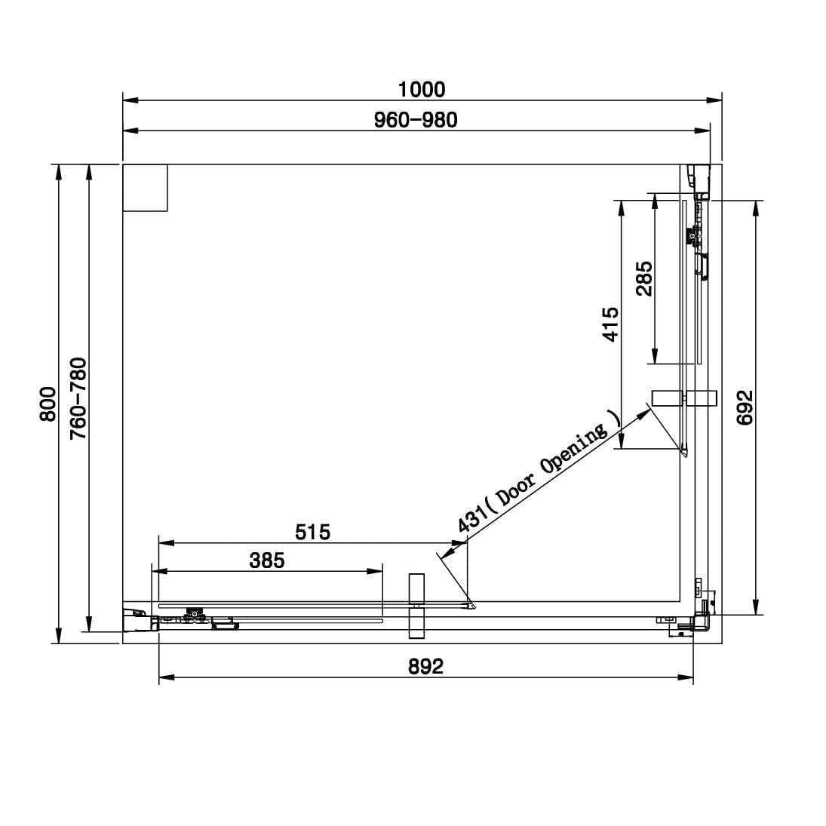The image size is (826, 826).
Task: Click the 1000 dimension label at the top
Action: (422, 90)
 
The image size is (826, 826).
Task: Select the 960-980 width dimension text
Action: (416, 120)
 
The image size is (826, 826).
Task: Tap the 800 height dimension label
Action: (48, 404)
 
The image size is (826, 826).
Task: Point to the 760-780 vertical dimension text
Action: (78, 398)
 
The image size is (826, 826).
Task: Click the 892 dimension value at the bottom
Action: (425, 666)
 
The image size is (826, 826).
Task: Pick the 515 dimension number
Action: (312, 532)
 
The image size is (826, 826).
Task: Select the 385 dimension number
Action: (267, 560)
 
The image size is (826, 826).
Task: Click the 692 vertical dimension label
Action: (745, 408)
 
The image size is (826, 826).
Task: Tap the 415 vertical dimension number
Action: (610, 324)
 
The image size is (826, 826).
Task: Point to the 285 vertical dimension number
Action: (644, 278)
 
